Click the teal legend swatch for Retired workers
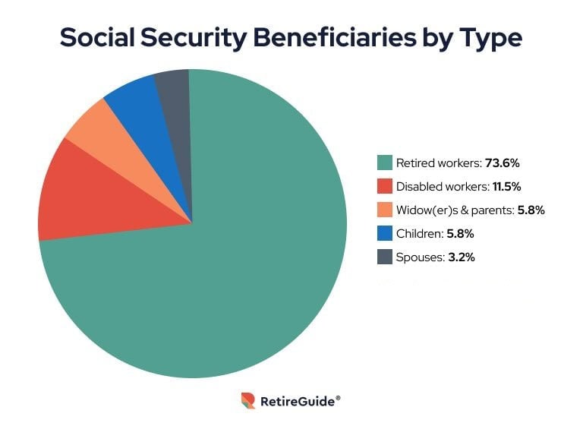[x=385, y=163]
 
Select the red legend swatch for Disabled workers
[x=385, y=186]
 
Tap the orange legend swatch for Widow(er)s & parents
[x=385, y=210]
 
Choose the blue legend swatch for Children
[x=385, y=233]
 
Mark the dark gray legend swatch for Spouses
[x=385, y=257]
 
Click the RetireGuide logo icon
[x=247, y=400]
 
